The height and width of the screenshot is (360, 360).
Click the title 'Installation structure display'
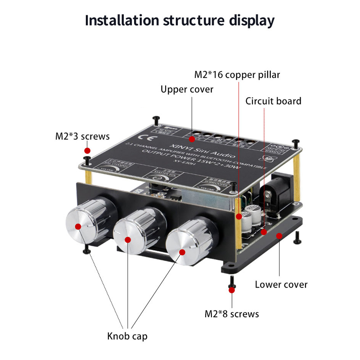pyautogui.click(x=180, y=20)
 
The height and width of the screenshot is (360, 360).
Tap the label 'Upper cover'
pyautogui.click(x=187, y=90)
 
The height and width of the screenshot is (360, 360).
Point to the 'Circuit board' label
pyautogui.click(x=273, y=101)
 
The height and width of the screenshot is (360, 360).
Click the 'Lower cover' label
pyautogui.click(x=281, y=284)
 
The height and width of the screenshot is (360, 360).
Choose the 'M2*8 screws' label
pyautogui.click(x=232, y=314)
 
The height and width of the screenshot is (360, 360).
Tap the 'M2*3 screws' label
pyautogui.click(x=82, y=136)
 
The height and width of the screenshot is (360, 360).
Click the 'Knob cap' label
pyautogui.click(x=127, y=336)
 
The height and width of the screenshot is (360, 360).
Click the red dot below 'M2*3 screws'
pyautogui.click(x=88, y=150)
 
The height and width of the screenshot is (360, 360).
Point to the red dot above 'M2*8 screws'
pyautogui.click(x=232, y=290)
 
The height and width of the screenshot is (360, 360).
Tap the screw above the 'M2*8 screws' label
pyautogui.click(x=232, y=281)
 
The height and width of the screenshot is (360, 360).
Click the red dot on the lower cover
pyautogui.click(x=279, y=235)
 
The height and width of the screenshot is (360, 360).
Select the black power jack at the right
pyautogui.click(x=274, y=189)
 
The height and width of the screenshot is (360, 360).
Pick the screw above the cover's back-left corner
pyautogui.click(x=156, y=119)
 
